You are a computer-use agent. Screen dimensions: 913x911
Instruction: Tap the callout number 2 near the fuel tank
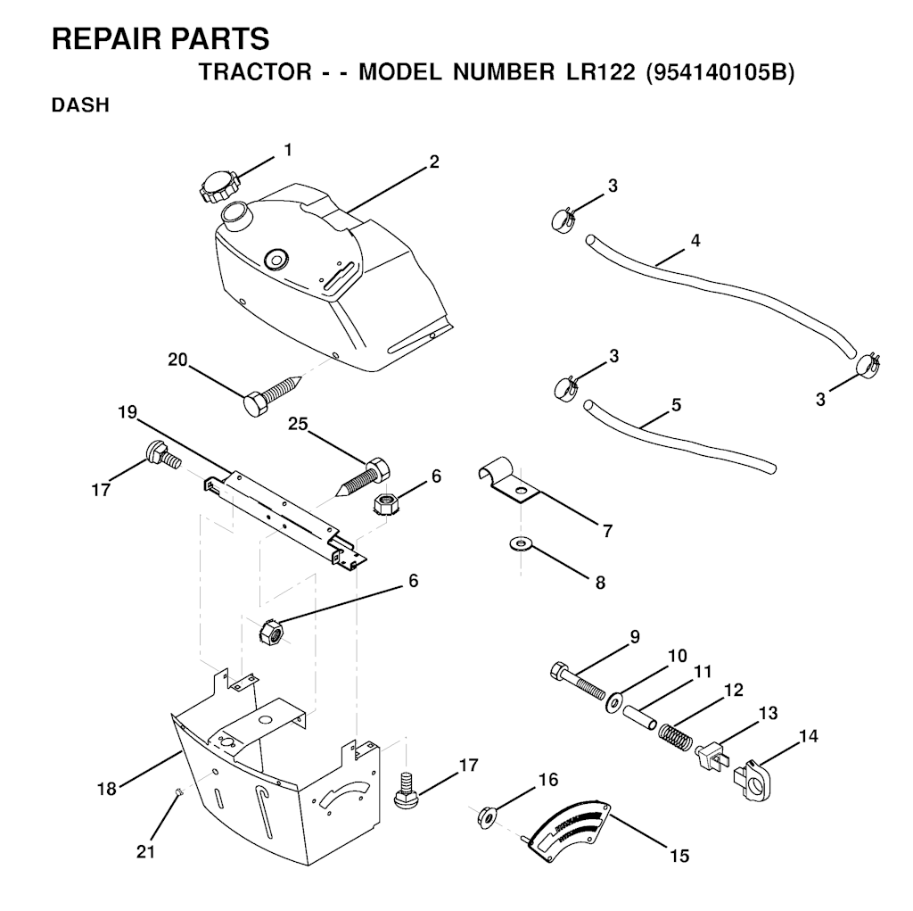(434, 161)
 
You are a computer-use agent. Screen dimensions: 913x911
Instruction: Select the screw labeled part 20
(272, 394)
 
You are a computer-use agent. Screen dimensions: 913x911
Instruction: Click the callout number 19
(127, 412)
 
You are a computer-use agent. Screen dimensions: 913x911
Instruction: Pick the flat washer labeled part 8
(520, 545)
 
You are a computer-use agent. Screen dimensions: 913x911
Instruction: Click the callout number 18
(107, 789)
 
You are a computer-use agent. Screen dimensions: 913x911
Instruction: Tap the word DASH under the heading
(81, 105)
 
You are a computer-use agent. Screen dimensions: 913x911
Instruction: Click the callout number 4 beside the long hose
(695, 240)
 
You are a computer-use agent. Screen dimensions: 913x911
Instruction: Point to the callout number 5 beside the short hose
(677, 404)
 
